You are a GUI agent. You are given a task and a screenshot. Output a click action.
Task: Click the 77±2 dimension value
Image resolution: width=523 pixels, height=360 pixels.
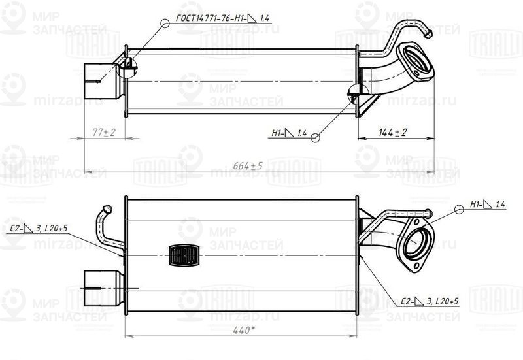(x=103, y=133)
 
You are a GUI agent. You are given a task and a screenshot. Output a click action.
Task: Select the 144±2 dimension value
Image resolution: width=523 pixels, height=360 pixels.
(x=392, y=133)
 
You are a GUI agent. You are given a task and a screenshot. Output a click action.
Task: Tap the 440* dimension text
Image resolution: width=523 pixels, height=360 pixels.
(x=242, y=331)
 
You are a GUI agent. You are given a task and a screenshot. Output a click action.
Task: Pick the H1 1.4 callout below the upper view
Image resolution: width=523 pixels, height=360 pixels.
(x=288, y=133)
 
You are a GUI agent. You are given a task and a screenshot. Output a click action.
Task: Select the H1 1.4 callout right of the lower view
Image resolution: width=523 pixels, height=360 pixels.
(x=487, y=205)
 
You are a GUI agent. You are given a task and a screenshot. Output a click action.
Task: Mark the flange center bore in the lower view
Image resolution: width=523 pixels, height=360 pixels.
(x=419, y=245)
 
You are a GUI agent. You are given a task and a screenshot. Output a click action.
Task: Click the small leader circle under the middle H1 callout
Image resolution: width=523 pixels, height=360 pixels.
(x=315, y=137)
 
